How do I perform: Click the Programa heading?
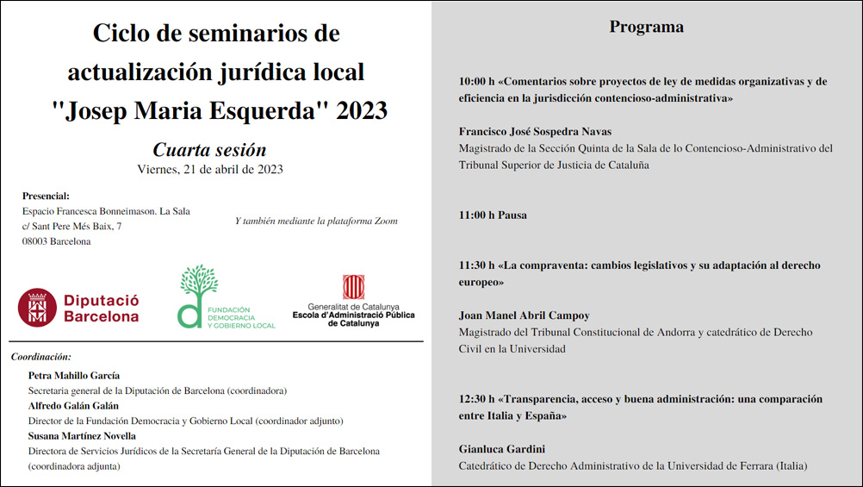pos(646,27)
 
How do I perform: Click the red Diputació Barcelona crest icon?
pos(37,307)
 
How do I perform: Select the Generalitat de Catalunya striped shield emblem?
pos(353,287)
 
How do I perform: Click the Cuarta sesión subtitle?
pos(209,149)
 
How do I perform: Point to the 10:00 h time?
pos(476,82)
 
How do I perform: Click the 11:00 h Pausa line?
pos(493,215)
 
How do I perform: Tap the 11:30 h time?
pos(476,265)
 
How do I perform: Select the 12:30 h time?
pos(476,399)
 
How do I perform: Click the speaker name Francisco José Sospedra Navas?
pos(535,132)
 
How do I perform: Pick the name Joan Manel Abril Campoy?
pos(524,315)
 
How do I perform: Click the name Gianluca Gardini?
pos(501,449)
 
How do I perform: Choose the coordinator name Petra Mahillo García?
pos(74,375)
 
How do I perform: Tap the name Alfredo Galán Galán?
pos(74,405)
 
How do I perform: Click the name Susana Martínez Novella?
pos(82,435)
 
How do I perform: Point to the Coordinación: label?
pos(41,356)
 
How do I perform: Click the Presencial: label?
pos(46,196)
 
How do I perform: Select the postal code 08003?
pos(38,241)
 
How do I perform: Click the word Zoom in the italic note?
pos(387,221)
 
